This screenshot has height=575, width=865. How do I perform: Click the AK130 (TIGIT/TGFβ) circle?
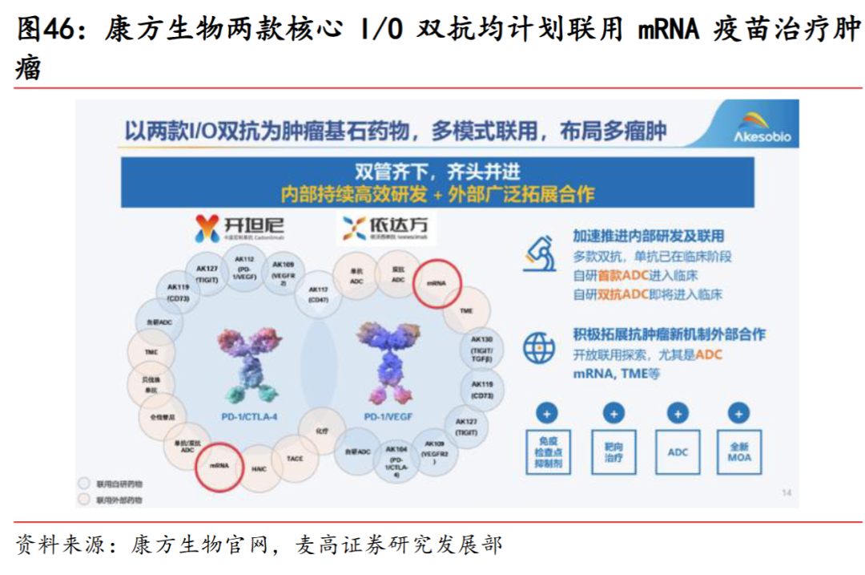(482, 350)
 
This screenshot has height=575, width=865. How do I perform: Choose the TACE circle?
(294, 458)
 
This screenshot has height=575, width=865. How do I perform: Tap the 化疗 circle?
(321, 431)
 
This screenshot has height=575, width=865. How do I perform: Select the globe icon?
(538, 347)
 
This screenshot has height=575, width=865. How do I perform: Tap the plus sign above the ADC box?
(677, 414)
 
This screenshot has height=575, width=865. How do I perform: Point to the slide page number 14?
(786, 492)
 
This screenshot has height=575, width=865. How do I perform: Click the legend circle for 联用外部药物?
(82, 499)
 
